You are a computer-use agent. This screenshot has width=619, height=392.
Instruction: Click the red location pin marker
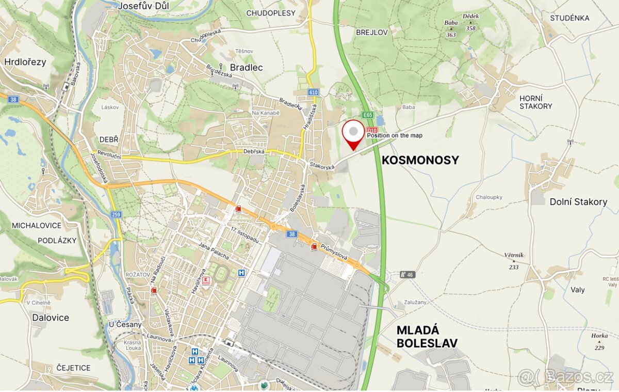click(353, 133)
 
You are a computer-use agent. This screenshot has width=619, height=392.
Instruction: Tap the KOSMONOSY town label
click(420, 160)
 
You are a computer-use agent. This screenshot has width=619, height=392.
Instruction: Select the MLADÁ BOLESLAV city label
click(427, 337)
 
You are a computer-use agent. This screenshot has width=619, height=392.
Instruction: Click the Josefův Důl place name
click(143, 6)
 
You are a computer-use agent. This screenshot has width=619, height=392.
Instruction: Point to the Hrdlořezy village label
click(25, 62)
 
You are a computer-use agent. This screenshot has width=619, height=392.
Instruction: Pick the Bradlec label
click(246, 67)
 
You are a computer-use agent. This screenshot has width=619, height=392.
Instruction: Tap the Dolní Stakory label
click(578, 202)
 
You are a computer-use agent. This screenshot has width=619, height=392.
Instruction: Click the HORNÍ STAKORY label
click(535, 102)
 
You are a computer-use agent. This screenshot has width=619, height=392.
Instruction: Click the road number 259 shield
click(116, 214)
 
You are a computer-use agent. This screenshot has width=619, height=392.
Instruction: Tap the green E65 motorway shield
click(367, 115)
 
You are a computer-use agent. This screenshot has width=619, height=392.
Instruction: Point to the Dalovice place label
click(51, 318)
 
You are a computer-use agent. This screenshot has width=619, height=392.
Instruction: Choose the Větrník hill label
click(514, 255)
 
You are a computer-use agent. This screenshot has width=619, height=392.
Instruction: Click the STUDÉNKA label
click(569, 18)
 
